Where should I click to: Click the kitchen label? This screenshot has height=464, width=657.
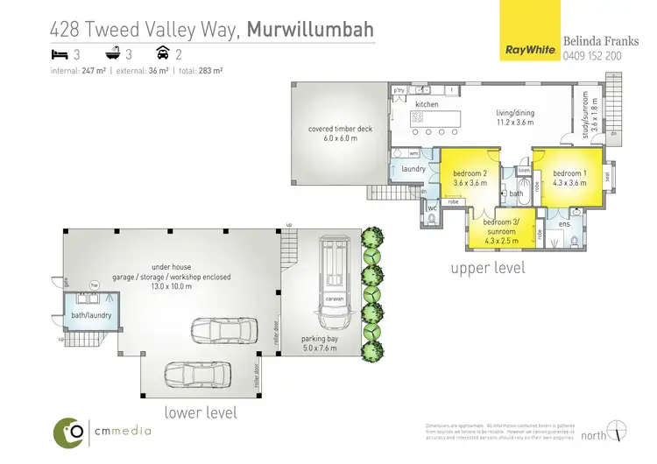427,104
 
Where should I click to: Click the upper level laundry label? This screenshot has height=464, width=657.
413,168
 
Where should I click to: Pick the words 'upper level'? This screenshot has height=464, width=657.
488,267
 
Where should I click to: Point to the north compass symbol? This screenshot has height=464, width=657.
618,432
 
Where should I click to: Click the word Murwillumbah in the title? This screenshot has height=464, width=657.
310,30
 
